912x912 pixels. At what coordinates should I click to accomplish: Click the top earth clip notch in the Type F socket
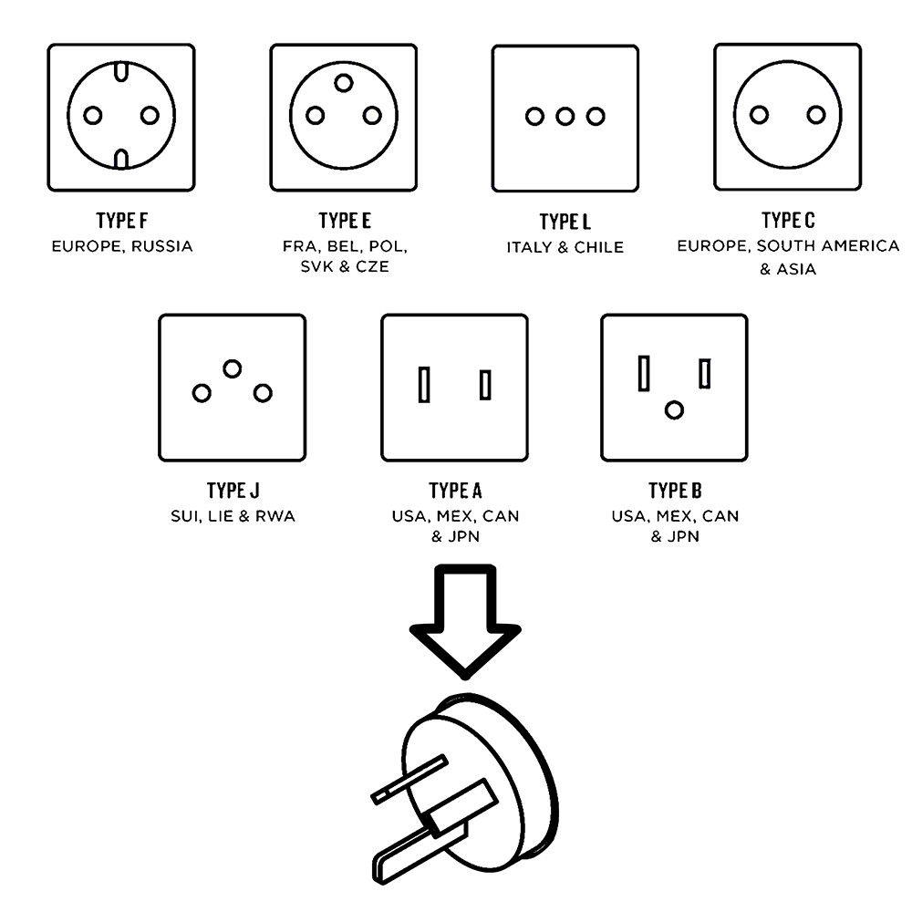tap(121, 69)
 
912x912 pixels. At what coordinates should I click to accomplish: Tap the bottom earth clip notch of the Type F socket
tap(121, 161)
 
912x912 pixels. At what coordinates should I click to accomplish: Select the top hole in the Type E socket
tap(344, 83)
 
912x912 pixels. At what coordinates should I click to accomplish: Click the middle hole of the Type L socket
tap(565, 117)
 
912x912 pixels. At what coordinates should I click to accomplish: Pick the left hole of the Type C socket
tap(759, 115)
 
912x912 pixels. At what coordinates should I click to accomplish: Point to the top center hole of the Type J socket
tap(233, 368)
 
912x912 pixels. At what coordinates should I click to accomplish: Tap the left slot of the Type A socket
tap(423, 384)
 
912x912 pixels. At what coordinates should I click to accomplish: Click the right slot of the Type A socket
tap(485, 384)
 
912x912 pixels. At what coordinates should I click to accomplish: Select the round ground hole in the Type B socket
tap(674, 409)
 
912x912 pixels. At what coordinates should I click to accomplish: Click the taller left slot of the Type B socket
tap(644, 373)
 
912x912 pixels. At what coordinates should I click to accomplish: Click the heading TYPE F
tap(122, 222)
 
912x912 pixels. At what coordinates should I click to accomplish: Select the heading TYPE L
tap(565, 223)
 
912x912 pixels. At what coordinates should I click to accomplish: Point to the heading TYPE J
tap(233, 492)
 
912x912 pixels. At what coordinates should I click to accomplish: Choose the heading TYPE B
tap(675, 492)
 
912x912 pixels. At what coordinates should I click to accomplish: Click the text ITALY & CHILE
tap(565, 247)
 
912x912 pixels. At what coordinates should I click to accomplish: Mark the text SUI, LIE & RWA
tap(233, 516)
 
